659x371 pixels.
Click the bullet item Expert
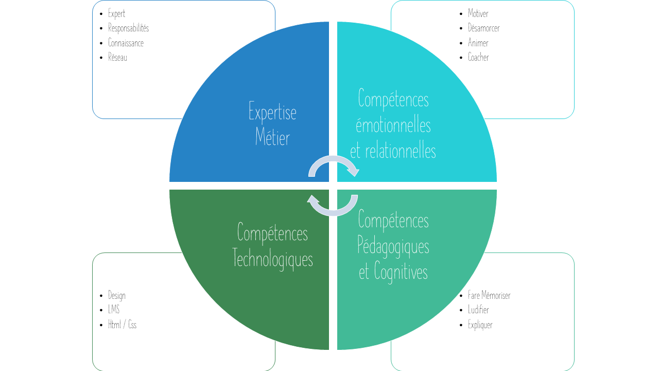(116, 14)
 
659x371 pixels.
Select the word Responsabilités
(128, 28)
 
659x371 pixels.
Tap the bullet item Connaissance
(126, 43)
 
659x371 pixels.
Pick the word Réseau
(117, 58)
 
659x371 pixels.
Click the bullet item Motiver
(478, 14)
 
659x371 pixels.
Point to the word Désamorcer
(483, 28)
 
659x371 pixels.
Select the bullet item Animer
(478, 43)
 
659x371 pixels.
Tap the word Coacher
(478, 58)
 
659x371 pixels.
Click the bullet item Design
(116, 296)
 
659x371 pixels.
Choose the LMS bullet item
(113, 310)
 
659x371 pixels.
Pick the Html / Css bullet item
(122, 325)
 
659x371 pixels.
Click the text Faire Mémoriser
(489, 296)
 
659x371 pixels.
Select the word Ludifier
(478, 310)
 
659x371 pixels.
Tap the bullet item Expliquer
(480, 325)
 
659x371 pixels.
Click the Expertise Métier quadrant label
(272, 125)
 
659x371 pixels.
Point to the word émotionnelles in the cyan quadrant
(393, 125)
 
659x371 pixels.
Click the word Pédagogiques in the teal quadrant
(393, 246)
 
